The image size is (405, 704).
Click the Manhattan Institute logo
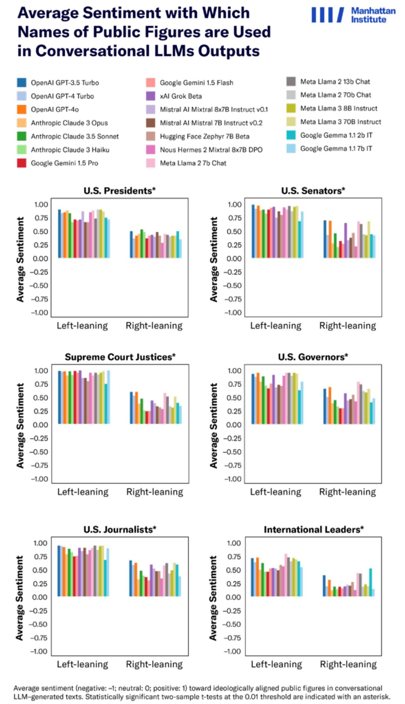[x=353, y=15]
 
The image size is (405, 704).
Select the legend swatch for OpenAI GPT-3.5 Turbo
[x=22, y=83]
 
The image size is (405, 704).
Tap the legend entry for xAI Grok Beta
[x=174, y=96]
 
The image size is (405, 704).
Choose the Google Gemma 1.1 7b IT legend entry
[x=329, y=148]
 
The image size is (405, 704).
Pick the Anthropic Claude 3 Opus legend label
[x=69, y=123]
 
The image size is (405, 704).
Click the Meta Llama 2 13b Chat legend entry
[x=328, y=81]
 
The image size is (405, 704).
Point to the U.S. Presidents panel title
[x=120, y=191]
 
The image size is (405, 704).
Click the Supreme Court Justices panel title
[x=120, y=357]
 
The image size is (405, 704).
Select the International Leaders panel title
[x=314, y=530]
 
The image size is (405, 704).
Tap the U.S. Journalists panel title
[x=120, y=530]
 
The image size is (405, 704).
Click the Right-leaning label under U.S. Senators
[x=347, y=326]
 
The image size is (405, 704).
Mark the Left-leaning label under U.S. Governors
[x=276, y=492]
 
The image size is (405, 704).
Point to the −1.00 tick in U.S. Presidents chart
[x=40, y=312]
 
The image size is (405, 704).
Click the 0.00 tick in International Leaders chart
[x=233, y=597]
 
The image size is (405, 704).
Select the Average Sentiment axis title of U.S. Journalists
[x=19, y=598]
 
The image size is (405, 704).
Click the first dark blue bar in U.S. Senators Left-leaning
[x=253, y=231]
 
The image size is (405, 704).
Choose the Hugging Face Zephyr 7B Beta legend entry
[x=198, y=136]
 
